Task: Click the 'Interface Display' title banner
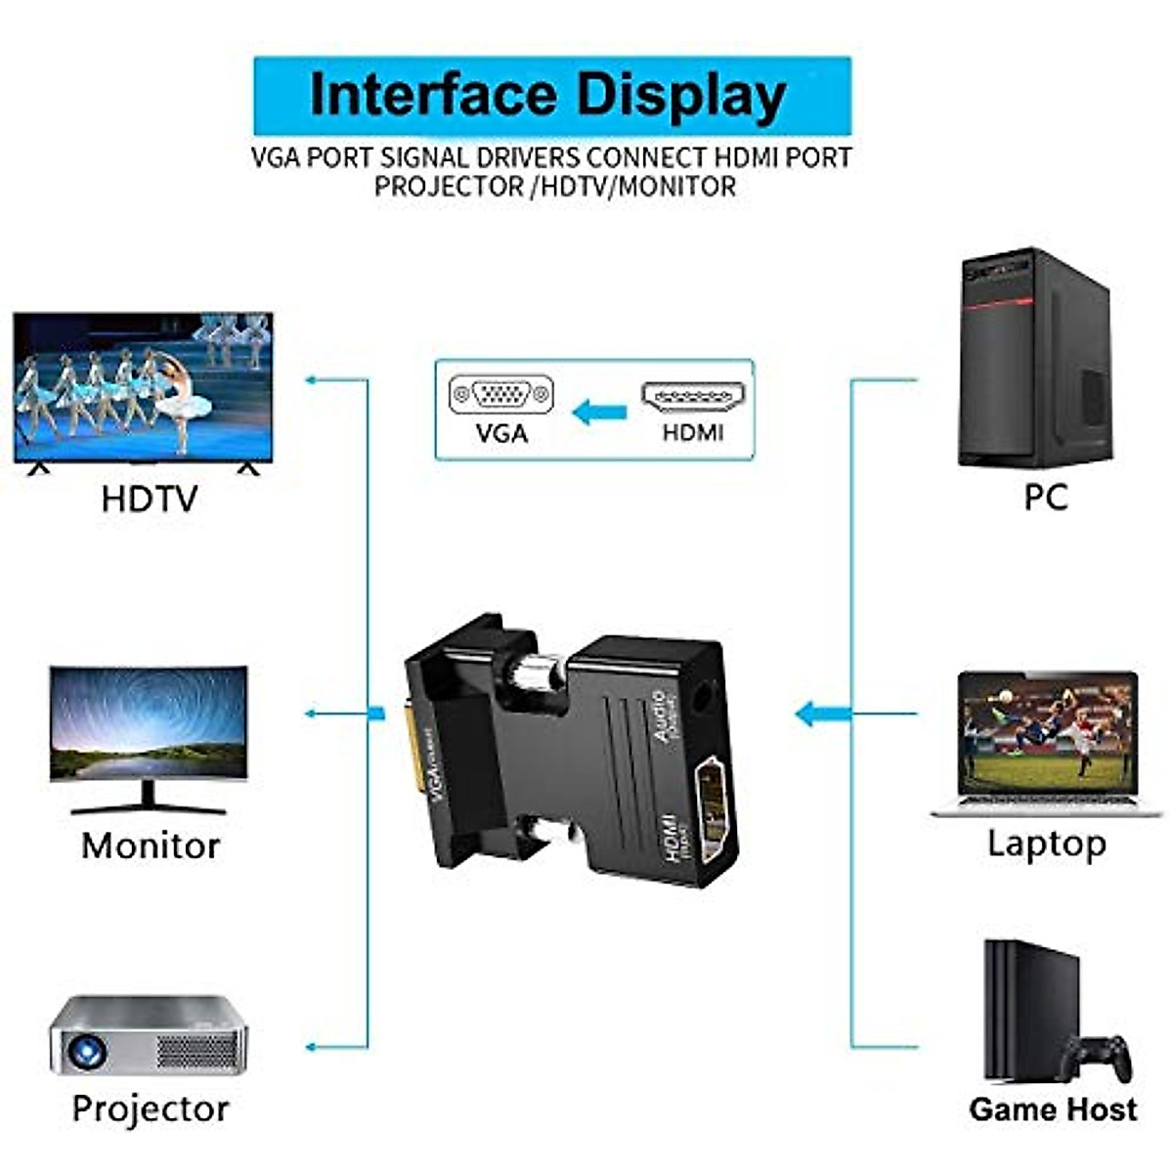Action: (551, 96)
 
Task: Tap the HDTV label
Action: (149, 500)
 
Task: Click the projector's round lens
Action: (86, 1051)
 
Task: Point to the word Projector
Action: (151, 1108)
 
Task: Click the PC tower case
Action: (1034, 358)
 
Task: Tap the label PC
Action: (1045, 498)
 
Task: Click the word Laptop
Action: (1046, 843)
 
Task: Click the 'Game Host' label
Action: (1053, 1109)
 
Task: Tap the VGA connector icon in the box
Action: (501, 396)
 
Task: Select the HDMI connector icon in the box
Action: (693, 397)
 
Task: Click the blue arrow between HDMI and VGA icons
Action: (598, 413)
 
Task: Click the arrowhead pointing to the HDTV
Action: (311, 379)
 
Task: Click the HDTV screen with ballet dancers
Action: (144, 387)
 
